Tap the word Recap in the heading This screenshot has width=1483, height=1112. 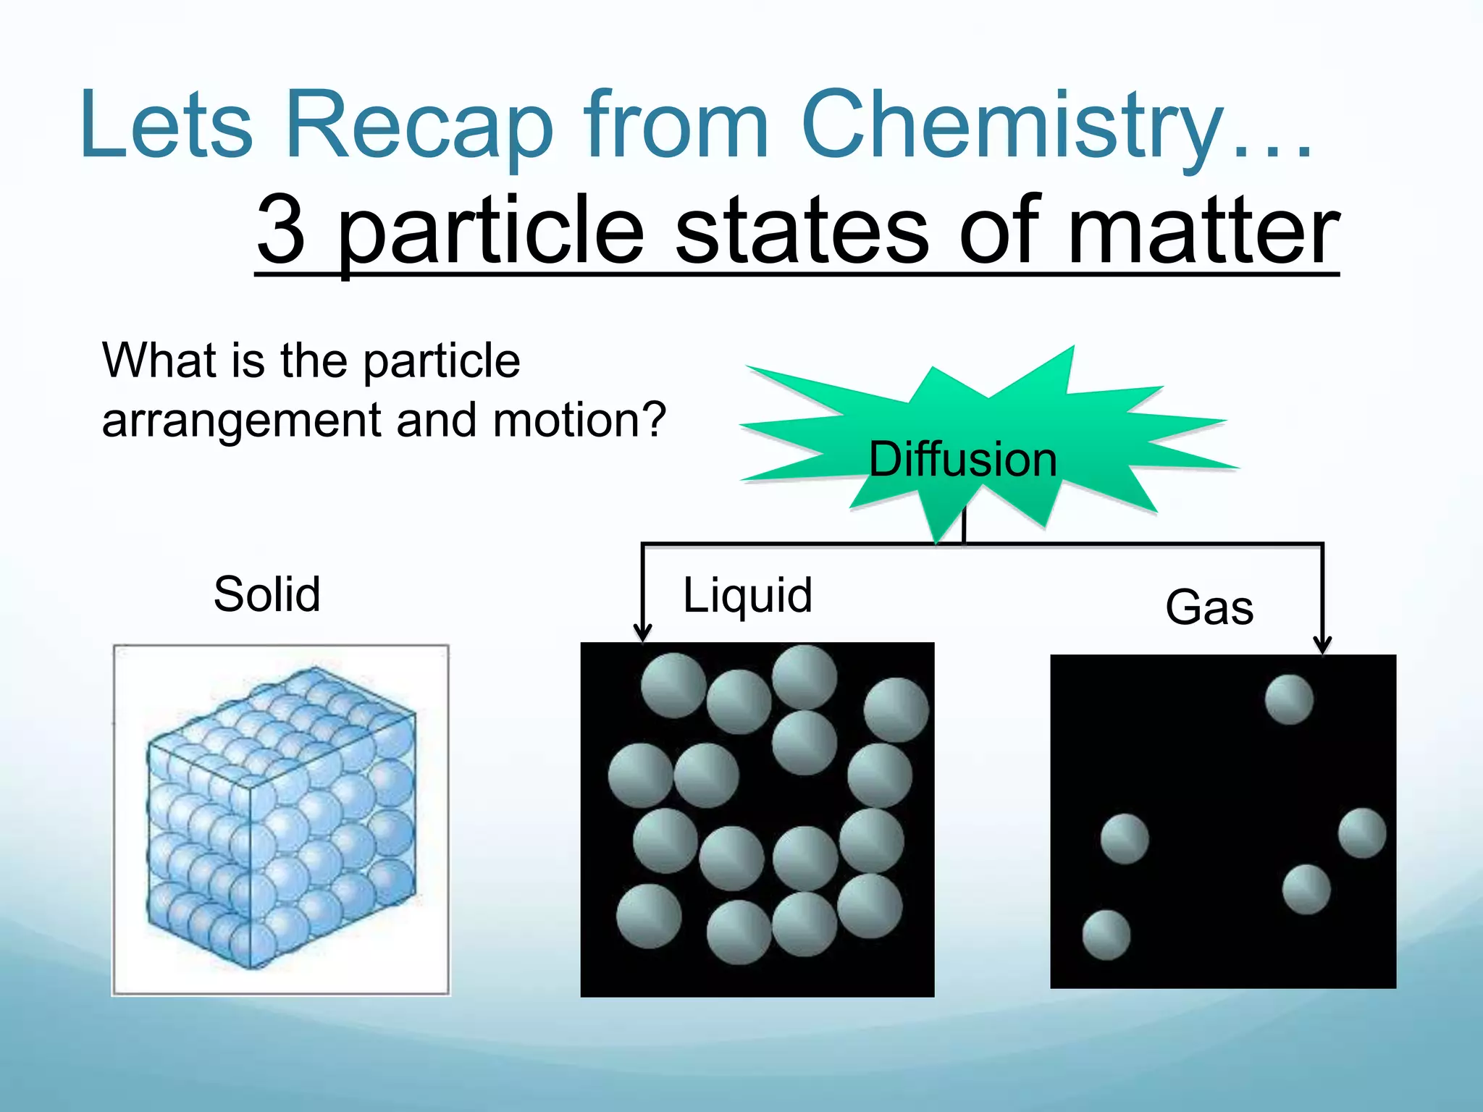(420, 125)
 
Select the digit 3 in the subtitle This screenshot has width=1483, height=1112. (281, 230)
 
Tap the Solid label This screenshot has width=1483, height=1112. (266, 594)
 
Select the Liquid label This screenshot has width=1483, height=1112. (747, 596)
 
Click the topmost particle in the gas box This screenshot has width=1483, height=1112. (1289, 699)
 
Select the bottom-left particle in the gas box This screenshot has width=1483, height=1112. (1106, 935)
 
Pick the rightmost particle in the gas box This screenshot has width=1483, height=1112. (1362, 833)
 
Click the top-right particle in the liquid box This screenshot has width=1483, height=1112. (896, 709)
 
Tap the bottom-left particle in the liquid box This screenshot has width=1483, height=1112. (649, 916)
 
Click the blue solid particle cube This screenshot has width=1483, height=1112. (282, 818)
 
